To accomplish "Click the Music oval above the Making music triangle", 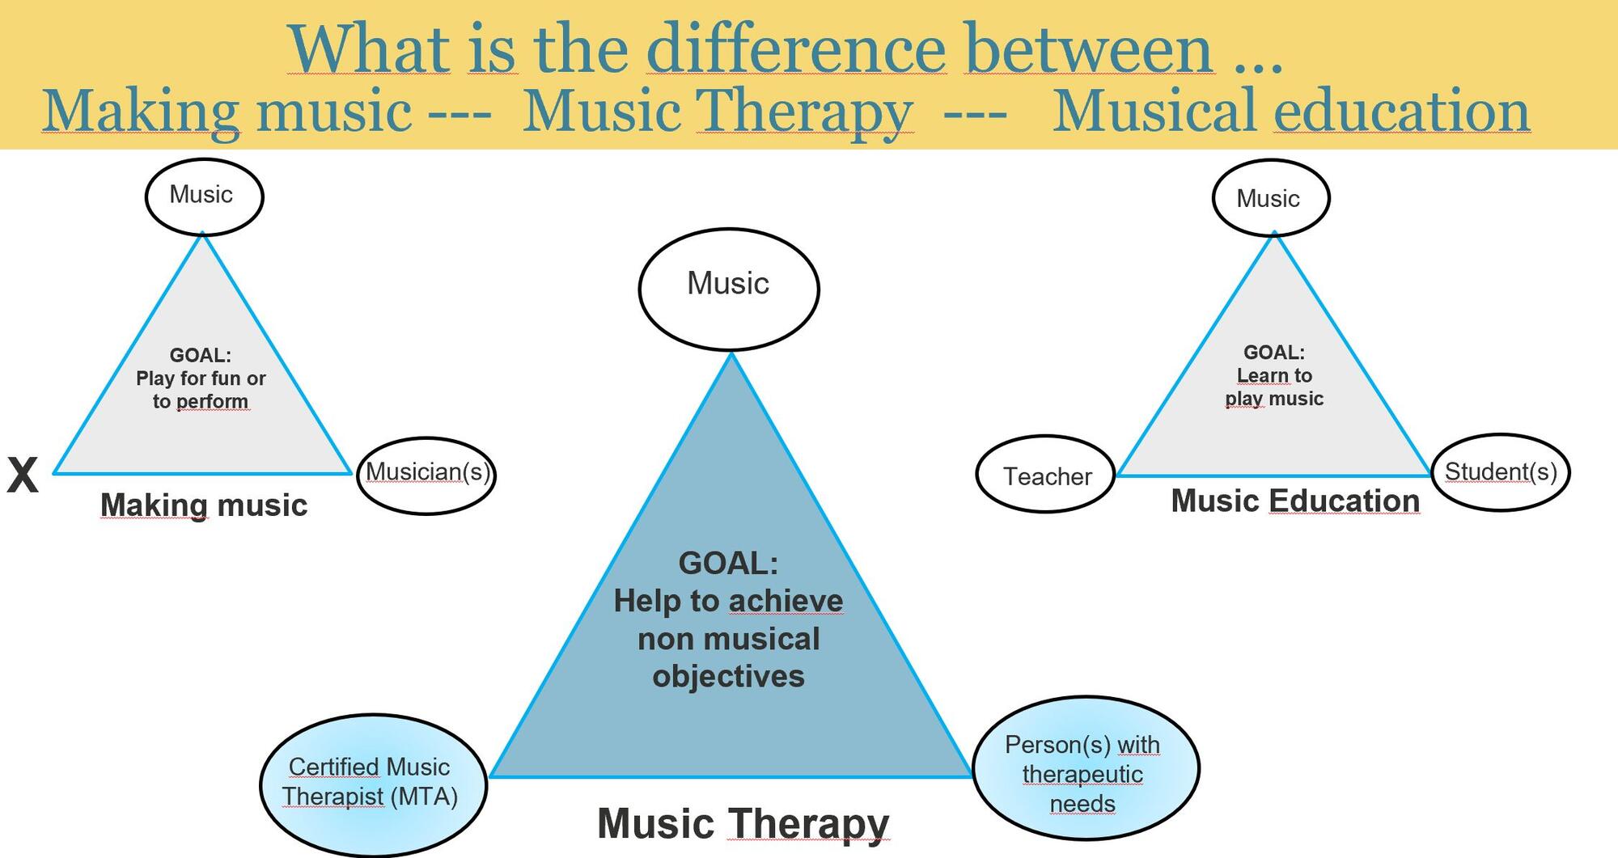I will pyautogui.click(x=204, y=197).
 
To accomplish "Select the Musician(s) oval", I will pyautogui.click(x=426, y=475).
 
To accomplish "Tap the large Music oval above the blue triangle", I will pyautogui.click(x=728, y=288).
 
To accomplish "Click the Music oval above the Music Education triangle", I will pyautogui.click(x=1270, y=199).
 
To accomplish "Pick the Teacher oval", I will pyautogui.click(x=1046, y=475).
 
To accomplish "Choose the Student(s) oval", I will pyautogui.click(x=1501, y=472).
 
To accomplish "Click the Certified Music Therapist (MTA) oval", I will pyautogui.click(x=372, y=783).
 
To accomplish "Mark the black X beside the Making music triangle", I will pyautogui.click(x=23, y=475).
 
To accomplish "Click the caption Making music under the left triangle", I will pyautogui.click(x=204, y=505).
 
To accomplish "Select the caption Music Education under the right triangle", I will pyautogui.click(x=1295, y=501).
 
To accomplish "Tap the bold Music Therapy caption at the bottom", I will pyautogui.click(x=743, y=824).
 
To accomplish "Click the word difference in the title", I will pyautogui.click(x=796, y=50).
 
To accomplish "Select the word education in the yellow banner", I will pyautogui.click(x=1401, y=112).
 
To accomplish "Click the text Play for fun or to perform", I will pyautogui.click(x=201, y=389).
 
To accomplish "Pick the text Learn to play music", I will pyautogui.click(x=1274, y=387).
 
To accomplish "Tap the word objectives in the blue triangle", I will pyautogui.click(x=728, y=676).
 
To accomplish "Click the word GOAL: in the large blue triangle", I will pyautogui.click(x=728, y=563).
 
